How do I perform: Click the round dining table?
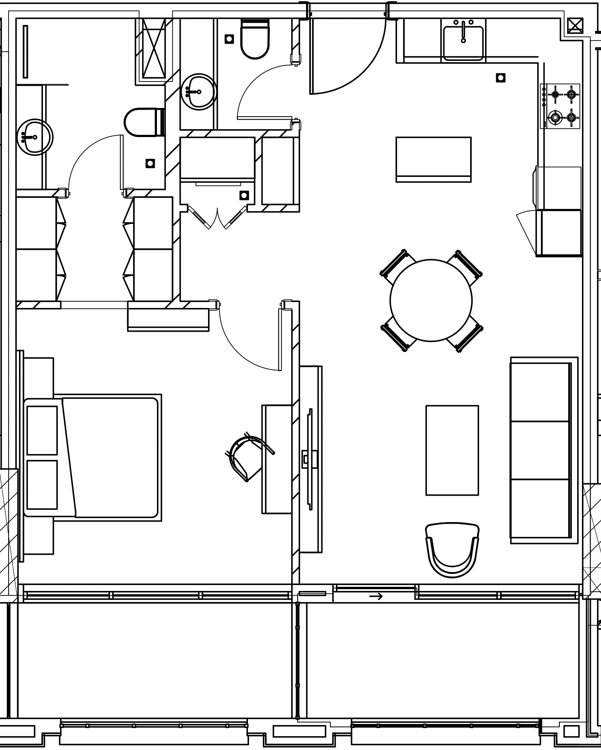tap(431, 300)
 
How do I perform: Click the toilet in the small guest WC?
tap(255, 39)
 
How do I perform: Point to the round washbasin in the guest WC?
tap(198, 92)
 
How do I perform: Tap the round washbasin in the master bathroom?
tap(34, 137)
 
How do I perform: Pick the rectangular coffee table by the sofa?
tap(452, 450)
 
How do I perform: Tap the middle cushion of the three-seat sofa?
tap(540, 450)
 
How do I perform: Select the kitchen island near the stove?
tap(433, 159)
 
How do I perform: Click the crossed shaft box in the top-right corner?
tap(575, 26)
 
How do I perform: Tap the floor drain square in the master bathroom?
tap(150, 163)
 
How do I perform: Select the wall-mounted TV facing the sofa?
tap(309, 460)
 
